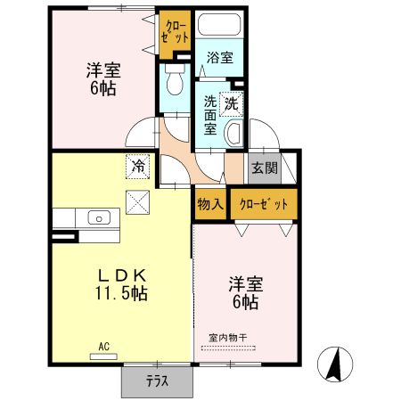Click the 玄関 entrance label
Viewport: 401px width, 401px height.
tap(263, 168)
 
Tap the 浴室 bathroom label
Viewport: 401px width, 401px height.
tap(220, 58)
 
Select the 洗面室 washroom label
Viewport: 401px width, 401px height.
tap(210, 115)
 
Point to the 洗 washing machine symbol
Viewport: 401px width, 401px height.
tap(232, 102)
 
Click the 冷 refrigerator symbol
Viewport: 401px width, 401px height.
tap(137, 165)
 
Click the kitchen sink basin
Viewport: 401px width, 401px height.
tap(99, 217)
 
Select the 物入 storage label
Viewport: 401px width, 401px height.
tap(209, 204)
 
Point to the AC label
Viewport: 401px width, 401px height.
tap(103, 346)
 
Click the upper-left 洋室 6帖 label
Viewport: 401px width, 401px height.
tap(102, 78)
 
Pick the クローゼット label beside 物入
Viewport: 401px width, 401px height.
tap(265, 204)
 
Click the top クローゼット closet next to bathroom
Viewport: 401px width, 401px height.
tap(175, 33)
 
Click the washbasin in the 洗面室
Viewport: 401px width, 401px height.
tap(234, 135)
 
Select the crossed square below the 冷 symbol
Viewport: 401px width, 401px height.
tap(137, 201)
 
